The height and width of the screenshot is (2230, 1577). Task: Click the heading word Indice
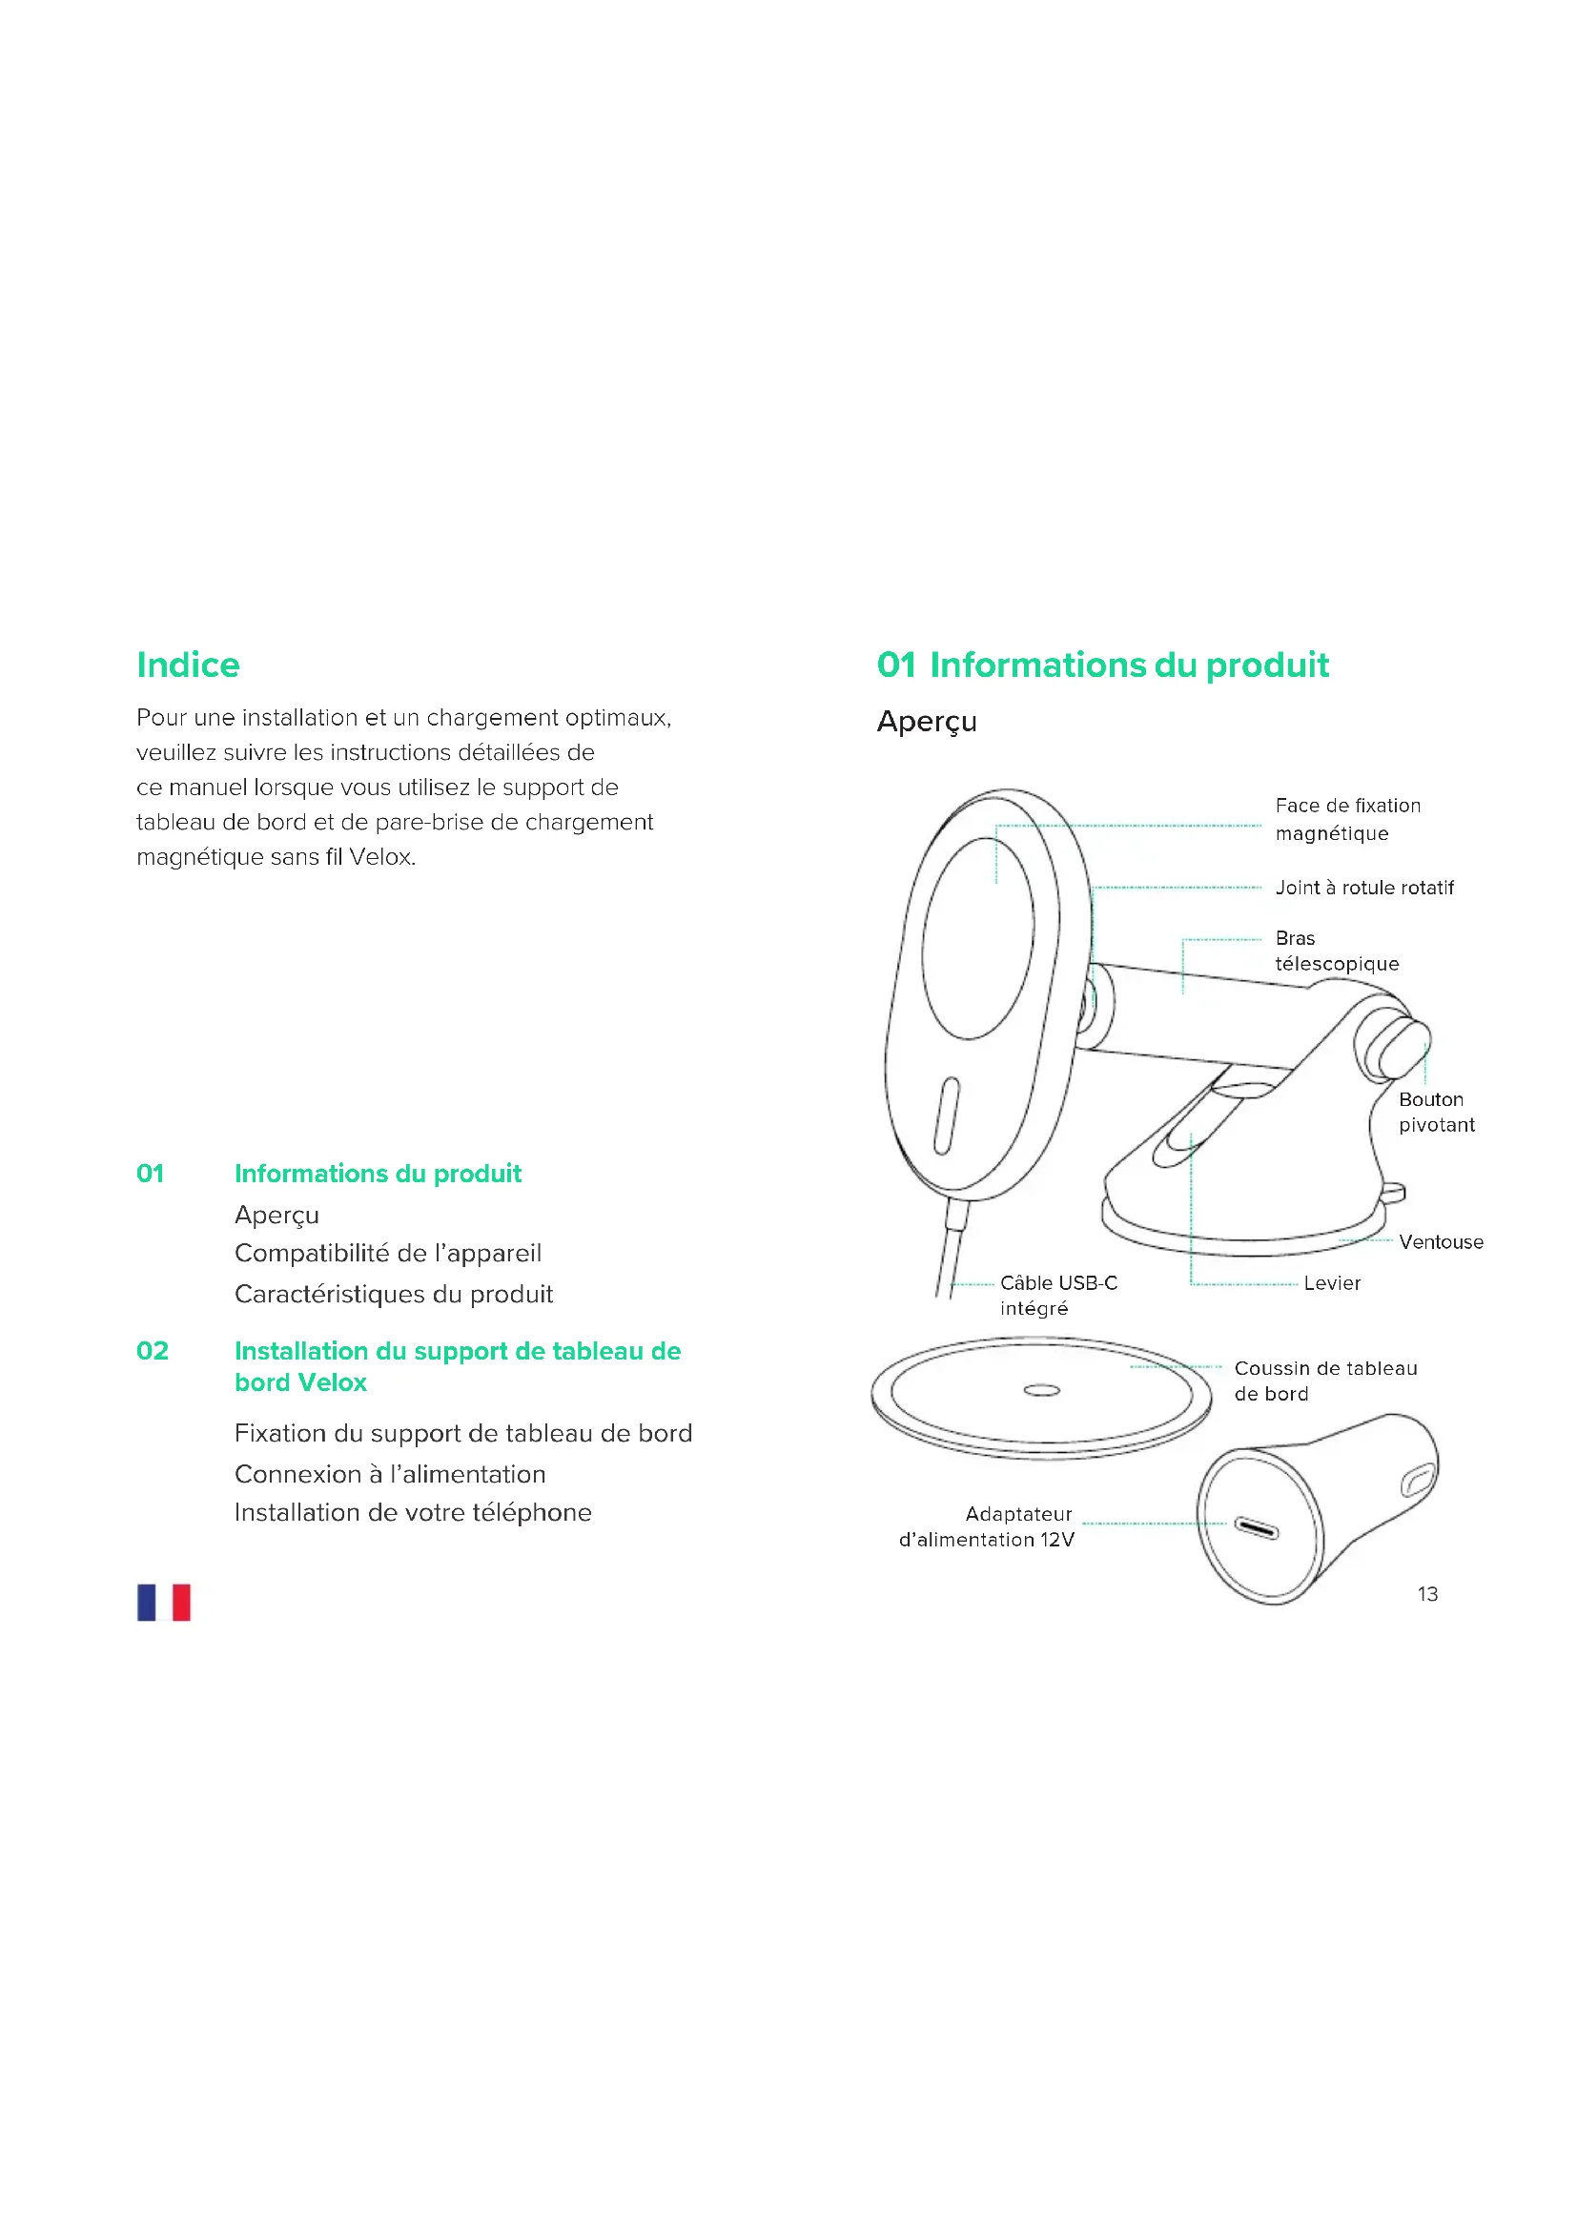click(188, 665)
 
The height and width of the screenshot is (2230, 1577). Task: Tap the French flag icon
click(163, 1602)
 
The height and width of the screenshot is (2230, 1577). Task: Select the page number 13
click(1426, 1594)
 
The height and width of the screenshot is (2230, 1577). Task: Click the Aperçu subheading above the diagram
click(927, 722)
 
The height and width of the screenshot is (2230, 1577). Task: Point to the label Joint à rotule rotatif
click(1363, 888)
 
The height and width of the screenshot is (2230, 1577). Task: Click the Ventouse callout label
click(1440, 1242)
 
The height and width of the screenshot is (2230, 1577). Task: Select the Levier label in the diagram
click(1331, 1283)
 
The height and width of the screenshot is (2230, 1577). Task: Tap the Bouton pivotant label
click(1435, 1112)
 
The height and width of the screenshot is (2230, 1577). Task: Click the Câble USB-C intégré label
click(1057, 1296)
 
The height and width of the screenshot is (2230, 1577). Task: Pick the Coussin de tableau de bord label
click(1324, 1381)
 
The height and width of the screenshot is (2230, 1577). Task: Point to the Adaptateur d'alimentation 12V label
click(988, 1525)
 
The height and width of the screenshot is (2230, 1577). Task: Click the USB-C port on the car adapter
click(1256, 1528)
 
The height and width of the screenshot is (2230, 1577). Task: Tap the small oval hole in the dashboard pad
click(1041, 1391)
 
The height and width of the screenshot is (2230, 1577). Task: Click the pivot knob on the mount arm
click(1396, 1050)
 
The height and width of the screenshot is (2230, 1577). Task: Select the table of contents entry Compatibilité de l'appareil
click(387, 1254)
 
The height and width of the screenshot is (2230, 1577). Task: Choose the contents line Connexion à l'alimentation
click(389, 1474)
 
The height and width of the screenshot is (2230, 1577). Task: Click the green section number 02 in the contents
click(153, 1351)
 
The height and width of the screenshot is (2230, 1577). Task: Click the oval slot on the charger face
click(946, 1116)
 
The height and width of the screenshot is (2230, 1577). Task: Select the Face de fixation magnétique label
click(1347, 820)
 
